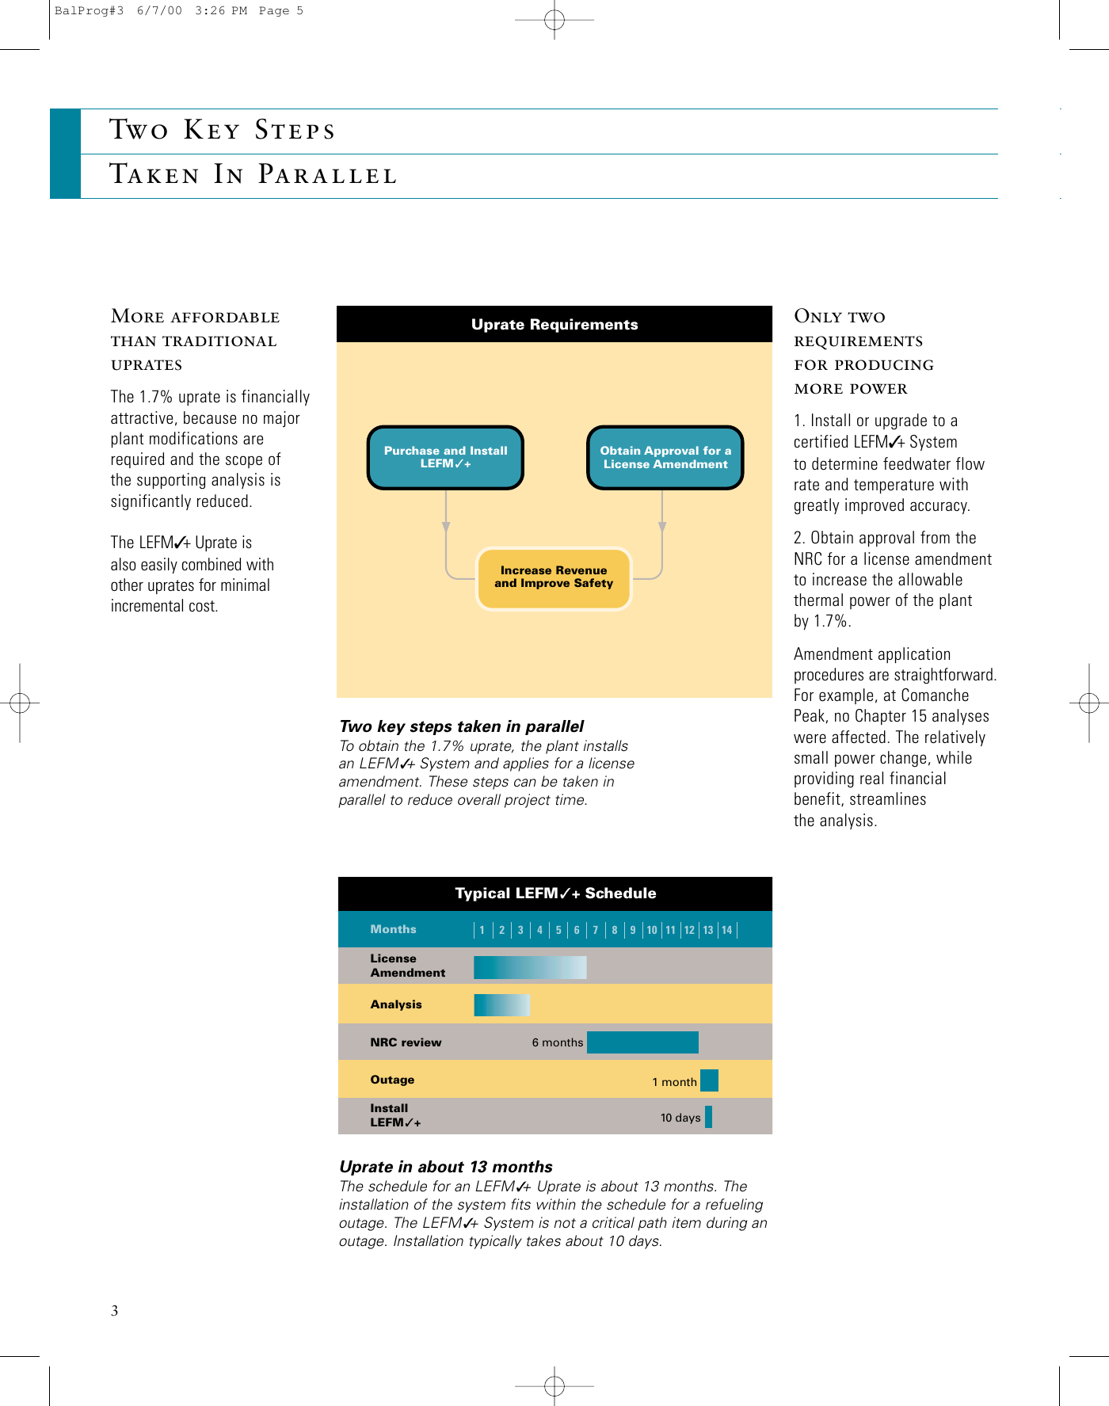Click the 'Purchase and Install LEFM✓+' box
coord(445,457)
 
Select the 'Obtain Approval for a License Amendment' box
coord(665,457)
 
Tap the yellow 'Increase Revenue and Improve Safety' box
coord(554,577)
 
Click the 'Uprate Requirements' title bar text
coord(554,324)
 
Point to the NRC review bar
coord(642,1042)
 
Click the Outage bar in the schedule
coord(709,1080)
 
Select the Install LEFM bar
coord(708,1117)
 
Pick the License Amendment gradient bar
coord(530,966)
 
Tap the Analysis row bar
coord(501,1004)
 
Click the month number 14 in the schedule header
coord(726,930)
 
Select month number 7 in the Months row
coord(596,930)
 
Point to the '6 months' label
coord(557,1042)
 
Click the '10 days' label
coord(680,1118)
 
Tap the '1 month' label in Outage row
coord(674,1082)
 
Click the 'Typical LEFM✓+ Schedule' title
coord(555,893)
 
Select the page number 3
coord(115,1310)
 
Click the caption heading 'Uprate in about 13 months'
coord(445,1166)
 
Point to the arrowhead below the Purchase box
coord(446,527)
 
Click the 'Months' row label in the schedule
coord(393,929)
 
